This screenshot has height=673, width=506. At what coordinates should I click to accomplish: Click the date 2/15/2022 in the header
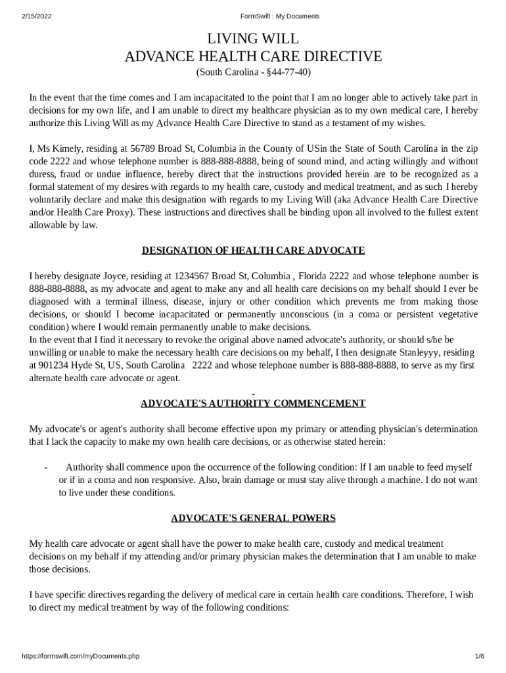click(37, 16)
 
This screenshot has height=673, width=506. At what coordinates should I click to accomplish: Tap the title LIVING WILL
click(253, 39)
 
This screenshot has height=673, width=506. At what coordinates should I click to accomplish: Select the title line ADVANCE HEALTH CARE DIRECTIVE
click(253, 57)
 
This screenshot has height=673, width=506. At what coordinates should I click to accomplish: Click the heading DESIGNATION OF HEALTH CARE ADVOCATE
click(253, 250)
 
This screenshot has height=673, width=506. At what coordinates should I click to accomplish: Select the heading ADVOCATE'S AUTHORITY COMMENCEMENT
click(253, 403)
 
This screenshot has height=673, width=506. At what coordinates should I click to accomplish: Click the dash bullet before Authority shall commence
click(45, 467)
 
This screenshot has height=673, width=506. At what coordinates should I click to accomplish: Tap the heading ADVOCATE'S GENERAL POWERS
click(253, 518)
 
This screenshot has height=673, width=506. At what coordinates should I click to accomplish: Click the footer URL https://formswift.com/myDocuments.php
click(81, 657)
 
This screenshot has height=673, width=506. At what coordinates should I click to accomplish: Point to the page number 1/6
click(479, 657)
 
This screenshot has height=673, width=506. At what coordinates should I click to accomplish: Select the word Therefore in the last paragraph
click(426, 595)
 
